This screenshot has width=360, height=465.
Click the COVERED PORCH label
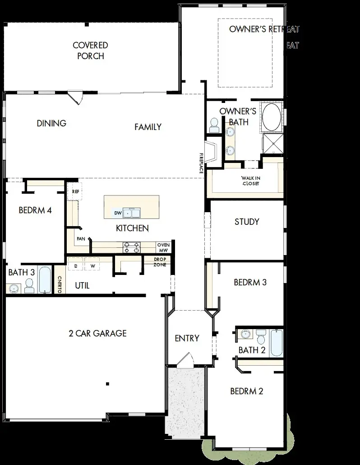click(90, 51)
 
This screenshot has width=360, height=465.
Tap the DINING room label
click(51, 123)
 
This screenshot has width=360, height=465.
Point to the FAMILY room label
click(148, 127)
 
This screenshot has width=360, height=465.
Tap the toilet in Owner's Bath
click(214, 125)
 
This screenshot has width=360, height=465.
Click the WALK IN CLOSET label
click(251, 181)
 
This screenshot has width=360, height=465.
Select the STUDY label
click(247, 222)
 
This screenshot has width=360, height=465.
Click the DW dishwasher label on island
click(117, 212)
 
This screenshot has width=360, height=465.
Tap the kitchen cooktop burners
click(132, 247)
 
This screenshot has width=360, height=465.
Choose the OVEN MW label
click(163, 247)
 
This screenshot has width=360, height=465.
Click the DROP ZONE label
click(160, 262)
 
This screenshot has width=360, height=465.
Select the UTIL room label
click(82, 285)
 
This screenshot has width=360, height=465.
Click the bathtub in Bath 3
click(45, 280)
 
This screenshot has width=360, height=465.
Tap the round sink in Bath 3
click(13, 288)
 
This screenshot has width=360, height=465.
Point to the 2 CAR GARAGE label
click(97, 333)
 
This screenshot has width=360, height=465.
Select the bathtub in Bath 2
click(276, 343)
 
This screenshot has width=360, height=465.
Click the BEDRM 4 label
click(35, 210)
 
